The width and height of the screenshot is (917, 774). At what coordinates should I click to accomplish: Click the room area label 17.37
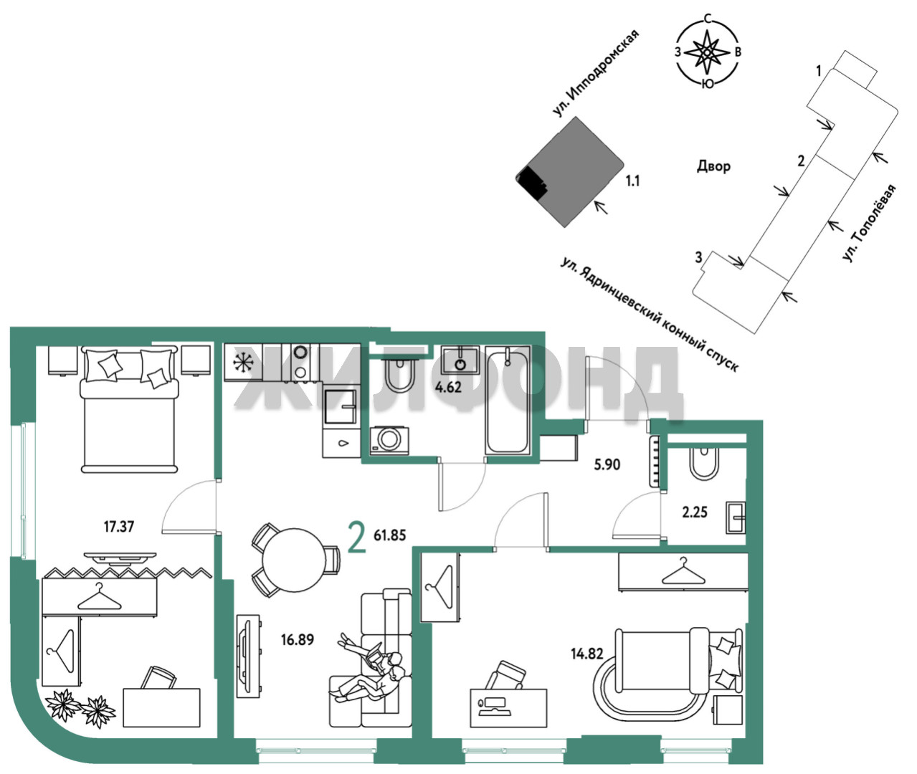point(119,526)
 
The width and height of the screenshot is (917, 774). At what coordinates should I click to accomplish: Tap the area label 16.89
point(298,640)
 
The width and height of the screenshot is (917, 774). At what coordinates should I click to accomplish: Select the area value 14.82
point(586,654)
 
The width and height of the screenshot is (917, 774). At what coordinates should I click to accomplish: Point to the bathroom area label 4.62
point(448,387)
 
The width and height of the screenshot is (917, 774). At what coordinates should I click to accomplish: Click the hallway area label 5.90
point(607,464)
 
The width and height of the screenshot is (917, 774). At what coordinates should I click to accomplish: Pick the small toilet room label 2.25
point(695,512)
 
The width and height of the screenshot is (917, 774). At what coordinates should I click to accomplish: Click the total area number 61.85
point(389,535)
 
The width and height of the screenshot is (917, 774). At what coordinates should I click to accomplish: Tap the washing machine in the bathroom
point(389,440)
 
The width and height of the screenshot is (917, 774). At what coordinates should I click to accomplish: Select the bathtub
point(507,400)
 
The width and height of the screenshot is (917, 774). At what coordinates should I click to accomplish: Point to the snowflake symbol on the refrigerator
point(243,362)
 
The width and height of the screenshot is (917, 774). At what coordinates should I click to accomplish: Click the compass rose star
point(707,52)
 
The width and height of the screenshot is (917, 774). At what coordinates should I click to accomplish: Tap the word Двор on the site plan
point(713,166)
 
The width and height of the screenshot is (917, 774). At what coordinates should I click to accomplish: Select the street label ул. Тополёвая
point(868,223)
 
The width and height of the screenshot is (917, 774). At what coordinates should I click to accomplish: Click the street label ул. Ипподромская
point(595,73)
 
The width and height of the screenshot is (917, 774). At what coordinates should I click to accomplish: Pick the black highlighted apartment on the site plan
point(532,182)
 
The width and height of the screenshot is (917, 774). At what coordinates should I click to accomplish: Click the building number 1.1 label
point(633,181)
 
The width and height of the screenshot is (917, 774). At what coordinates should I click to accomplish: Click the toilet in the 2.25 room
point(705,463)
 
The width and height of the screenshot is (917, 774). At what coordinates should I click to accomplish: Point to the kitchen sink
point(340,406)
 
